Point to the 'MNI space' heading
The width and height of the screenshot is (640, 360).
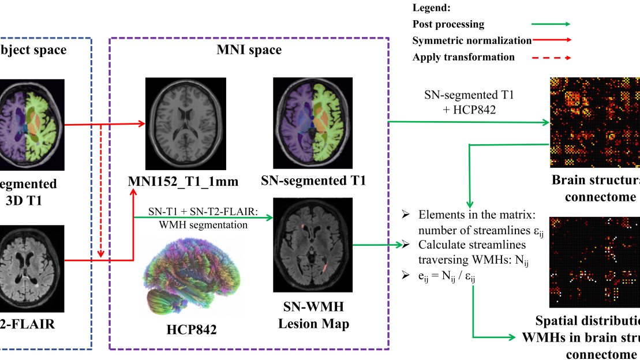249,50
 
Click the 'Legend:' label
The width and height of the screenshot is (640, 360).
431,8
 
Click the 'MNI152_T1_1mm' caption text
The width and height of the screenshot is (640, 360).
183,182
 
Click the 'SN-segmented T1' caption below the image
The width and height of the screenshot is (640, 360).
313,181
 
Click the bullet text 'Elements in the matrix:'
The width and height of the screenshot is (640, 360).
477,215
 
